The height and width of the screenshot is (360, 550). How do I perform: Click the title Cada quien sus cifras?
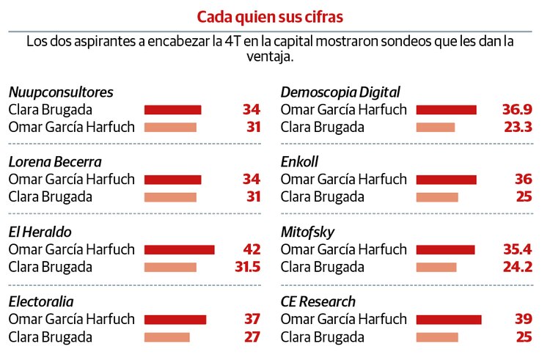270,15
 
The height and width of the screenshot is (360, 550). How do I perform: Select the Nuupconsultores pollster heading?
61,92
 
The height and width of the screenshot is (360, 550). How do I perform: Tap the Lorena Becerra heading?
55,162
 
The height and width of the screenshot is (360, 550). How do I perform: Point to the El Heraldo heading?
40,232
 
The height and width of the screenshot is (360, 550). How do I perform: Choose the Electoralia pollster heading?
41,302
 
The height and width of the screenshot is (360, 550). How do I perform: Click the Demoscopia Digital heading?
340,92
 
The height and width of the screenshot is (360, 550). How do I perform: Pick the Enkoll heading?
299,162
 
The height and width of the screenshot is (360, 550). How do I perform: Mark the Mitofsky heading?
307,232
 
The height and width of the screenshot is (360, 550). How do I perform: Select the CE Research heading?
318,302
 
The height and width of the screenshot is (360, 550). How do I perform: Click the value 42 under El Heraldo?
252,249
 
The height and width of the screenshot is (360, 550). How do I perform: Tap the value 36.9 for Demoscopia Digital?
517,110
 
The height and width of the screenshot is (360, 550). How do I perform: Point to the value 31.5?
247,267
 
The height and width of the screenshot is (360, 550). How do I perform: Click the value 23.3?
517,127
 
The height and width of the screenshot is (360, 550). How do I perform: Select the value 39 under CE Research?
524,320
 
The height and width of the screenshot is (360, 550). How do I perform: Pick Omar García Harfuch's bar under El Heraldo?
179,250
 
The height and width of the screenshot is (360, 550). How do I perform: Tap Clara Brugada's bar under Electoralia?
166,337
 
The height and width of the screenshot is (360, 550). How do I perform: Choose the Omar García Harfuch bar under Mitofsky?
445,250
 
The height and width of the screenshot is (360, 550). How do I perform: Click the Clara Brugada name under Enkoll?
323,196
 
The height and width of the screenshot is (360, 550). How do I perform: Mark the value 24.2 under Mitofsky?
517,267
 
